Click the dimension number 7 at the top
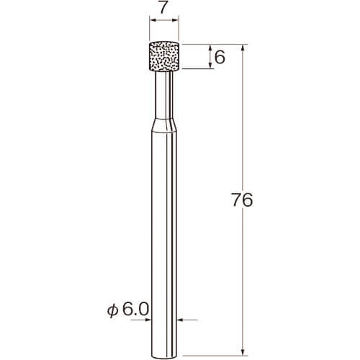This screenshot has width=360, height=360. point(163,8)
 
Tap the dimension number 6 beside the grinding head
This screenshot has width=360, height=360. point(220,58)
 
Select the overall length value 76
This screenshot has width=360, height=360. point(242,200)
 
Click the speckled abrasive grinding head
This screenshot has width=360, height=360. point(164,57)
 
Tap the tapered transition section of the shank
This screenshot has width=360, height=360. point(164,125)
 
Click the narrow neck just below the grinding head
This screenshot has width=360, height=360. point(164,95)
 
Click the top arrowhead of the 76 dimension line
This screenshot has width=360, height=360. point(243,48)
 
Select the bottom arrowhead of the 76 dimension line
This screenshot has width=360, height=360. point(243,352)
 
